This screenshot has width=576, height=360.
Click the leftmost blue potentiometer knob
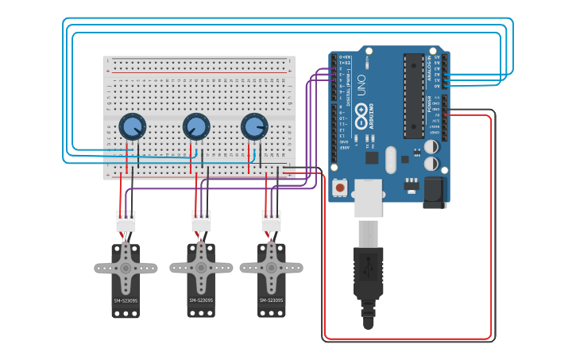click(132, 126)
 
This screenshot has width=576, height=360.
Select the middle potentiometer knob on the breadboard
click(196, 126)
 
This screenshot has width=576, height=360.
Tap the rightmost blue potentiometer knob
click(254, 126)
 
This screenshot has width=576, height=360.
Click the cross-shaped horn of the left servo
click(126, 268)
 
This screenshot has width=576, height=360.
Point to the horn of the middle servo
click(201, 268)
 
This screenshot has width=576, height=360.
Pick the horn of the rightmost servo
click(271, 268)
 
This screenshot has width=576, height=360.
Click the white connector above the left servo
click(126, 223)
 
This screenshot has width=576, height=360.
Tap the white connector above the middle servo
click(201, 223)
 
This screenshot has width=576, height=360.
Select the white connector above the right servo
click(271, 223)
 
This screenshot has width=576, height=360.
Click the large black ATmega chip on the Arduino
click(413, 95)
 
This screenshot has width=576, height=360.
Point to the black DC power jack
click(435, 192)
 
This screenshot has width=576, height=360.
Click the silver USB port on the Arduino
click(368, 198)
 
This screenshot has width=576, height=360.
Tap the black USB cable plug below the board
click(368, 274)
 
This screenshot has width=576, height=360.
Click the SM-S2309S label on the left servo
click(126, 301)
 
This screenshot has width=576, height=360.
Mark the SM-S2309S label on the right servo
click(271, 300)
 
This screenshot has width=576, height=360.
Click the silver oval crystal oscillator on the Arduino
click(389, 160)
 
